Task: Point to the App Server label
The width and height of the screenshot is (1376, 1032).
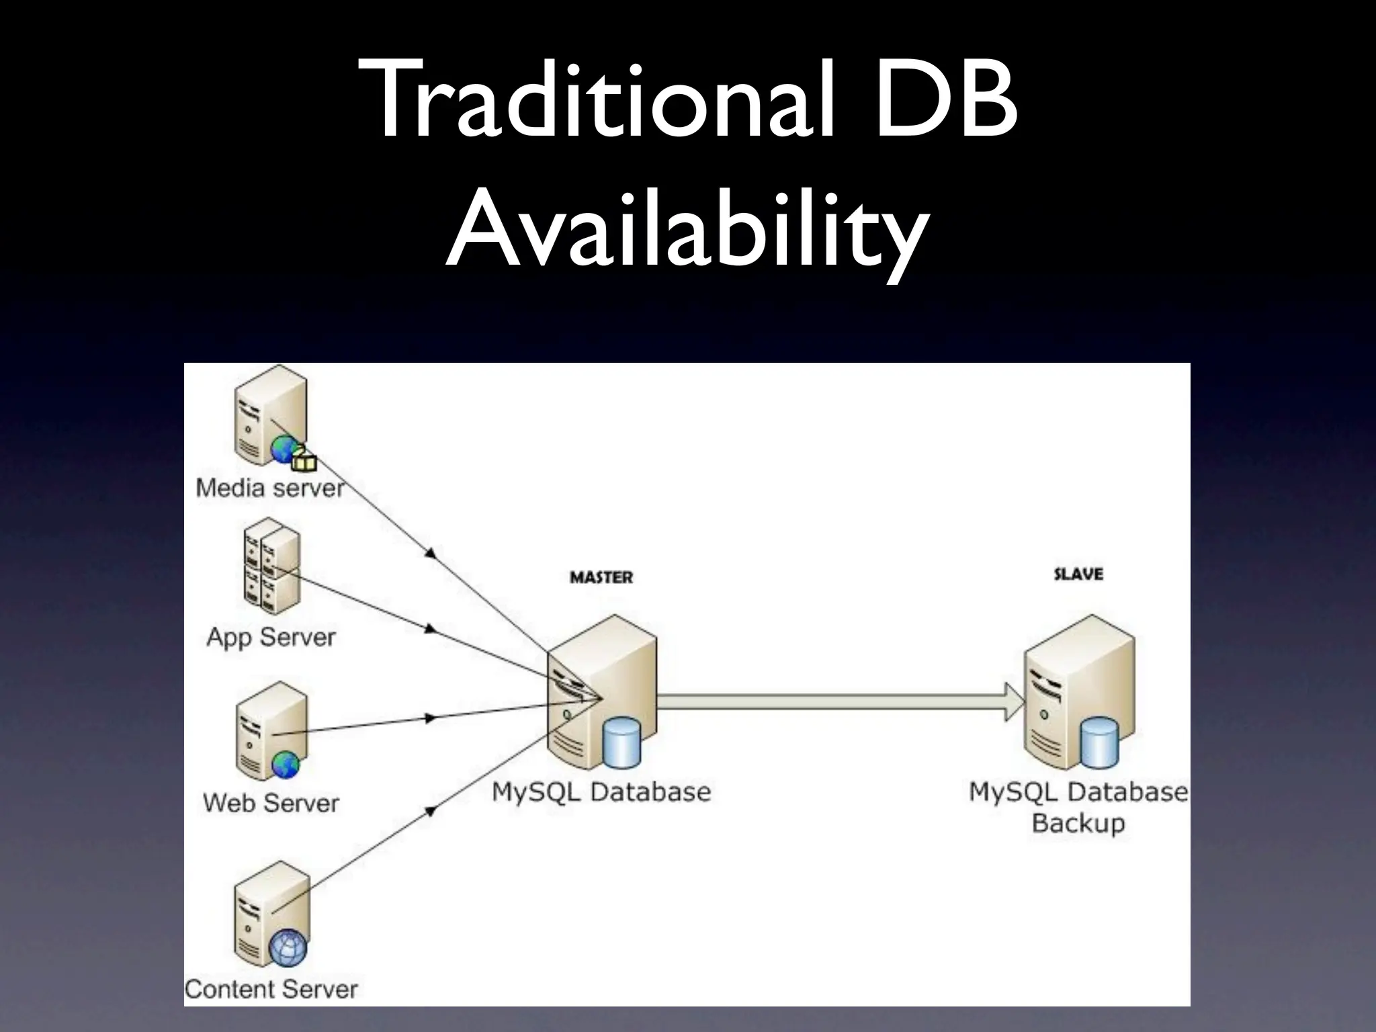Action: coord(271,637)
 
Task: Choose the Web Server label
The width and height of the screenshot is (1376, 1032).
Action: coord(271,803)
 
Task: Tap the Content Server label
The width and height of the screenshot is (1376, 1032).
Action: coord(271,988)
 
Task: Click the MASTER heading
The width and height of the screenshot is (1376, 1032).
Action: coord(601,577)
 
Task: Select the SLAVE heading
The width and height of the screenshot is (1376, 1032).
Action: coord(1078,574)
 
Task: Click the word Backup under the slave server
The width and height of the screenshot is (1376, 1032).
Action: coord(1078,822)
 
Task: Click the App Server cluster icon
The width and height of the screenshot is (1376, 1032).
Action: coord(271,568)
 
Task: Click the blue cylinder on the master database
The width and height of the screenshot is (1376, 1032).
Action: coord(621,742)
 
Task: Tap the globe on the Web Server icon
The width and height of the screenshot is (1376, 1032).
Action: coord(286,764)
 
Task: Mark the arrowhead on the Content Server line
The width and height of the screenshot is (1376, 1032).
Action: coord(431,811)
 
